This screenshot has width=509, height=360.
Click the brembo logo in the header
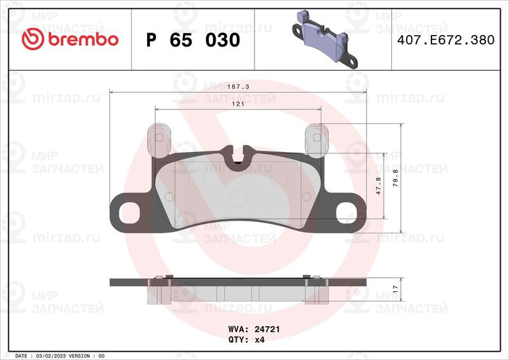point(70,39)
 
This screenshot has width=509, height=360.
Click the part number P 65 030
point(193,40)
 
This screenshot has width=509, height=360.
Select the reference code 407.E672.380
point(446,40)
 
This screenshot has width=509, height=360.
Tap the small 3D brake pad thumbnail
point(324,39)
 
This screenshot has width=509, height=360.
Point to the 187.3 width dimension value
point(238,87)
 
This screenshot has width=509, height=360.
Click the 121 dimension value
point(238,104)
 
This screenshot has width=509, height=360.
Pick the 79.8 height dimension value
point(395,178)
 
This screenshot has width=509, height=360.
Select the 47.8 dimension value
point(378,186)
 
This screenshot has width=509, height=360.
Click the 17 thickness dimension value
point(395,289)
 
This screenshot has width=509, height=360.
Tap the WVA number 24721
point(267,329)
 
